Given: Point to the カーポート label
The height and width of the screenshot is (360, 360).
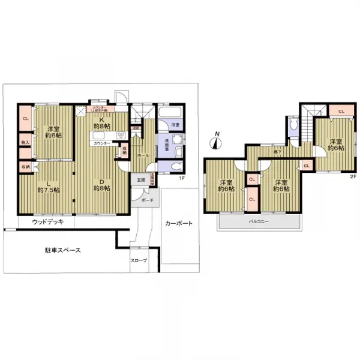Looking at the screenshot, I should [x=179, y=224].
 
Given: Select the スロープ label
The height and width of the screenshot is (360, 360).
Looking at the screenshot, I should [x=139, y=260].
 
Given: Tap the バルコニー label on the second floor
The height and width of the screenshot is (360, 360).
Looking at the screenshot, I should [x=259, y=221].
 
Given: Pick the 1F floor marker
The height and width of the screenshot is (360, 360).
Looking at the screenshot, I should [x=180, y=178].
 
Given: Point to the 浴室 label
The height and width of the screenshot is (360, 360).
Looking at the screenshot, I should [x=175, y=124].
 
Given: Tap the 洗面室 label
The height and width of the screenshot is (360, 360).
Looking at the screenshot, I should [x=161, y=144].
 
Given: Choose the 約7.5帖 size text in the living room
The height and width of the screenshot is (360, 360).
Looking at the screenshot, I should [x=49, y=190].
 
